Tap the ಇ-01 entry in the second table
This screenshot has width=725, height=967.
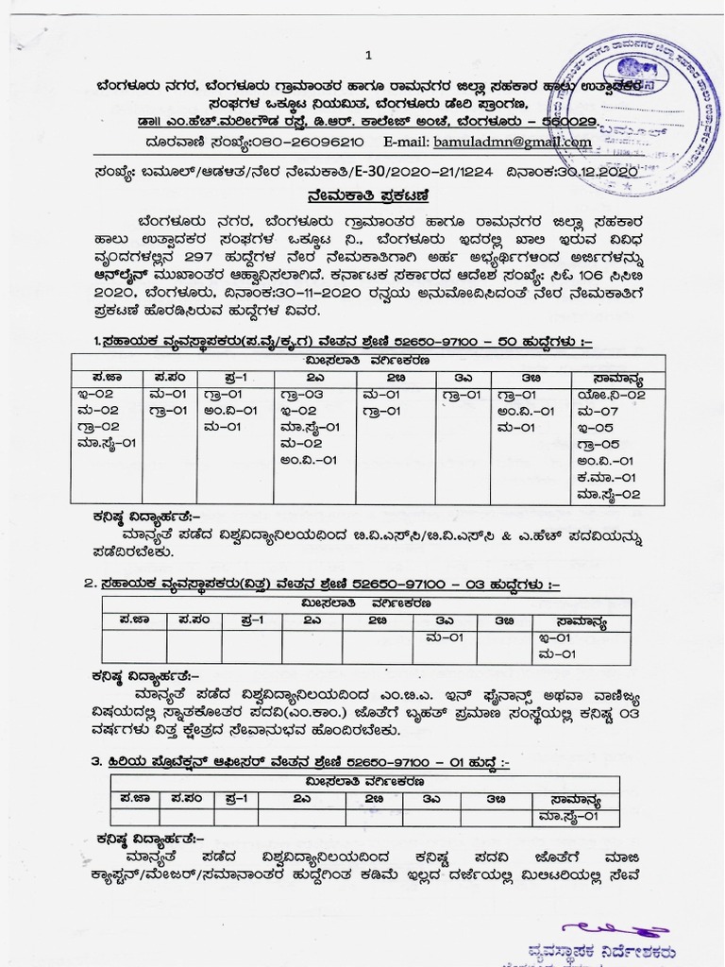[554, 637]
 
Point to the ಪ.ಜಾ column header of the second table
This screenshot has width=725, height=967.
[133, 620]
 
